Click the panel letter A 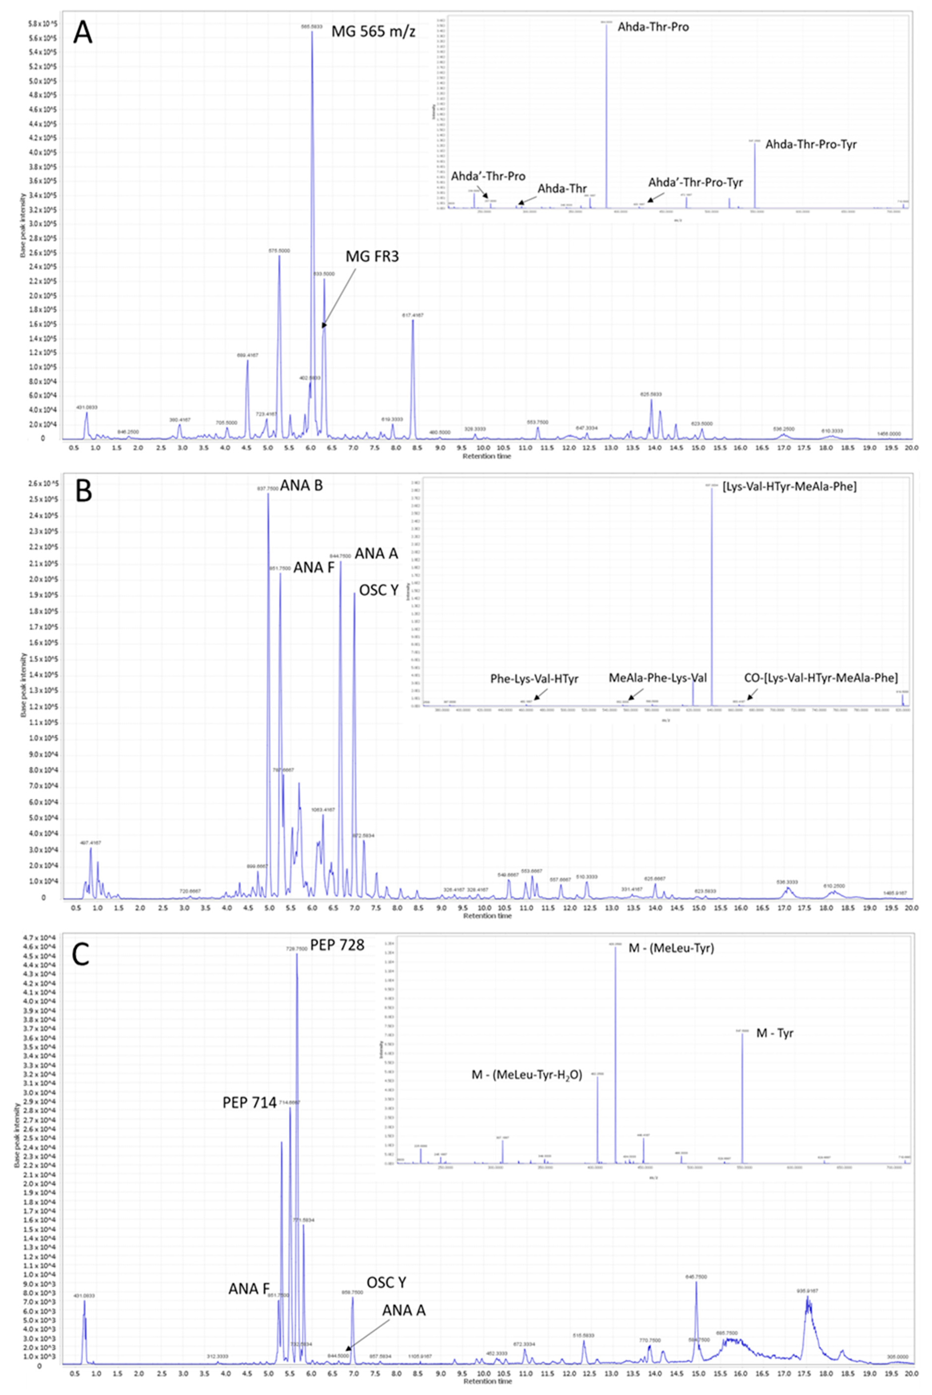pyautogui.click(x=83, y=33)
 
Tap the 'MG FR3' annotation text pyautogui.click(x=372, y=257)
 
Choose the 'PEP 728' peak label pyautogui.click(x=337, y=945)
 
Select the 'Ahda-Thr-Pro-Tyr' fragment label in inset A pyautogui.click(x=811, y=144)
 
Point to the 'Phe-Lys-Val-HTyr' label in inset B pyautogui.click(x=534, y=678)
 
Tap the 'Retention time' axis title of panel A pyautogui.click(x=487, y=456)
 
